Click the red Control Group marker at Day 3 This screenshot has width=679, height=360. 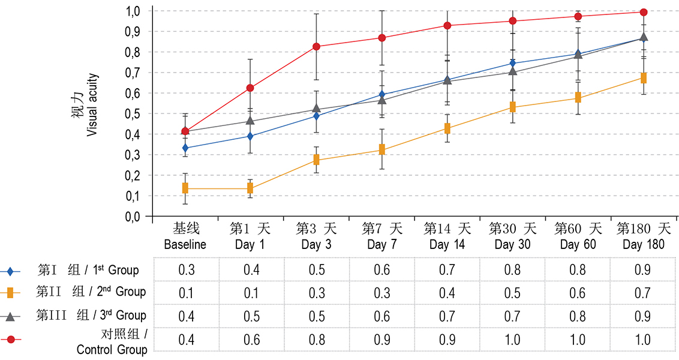pos(316,46)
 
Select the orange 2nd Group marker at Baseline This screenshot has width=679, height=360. pos(185,188)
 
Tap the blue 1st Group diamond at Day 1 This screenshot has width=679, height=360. pos(251,136)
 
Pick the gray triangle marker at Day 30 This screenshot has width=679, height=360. pos(513,70)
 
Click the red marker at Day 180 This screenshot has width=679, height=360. pos(644,12)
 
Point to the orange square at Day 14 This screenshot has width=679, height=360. pos(447,128)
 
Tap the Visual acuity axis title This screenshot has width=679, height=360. pos(91,106)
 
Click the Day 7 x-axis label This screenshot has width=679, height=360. pos(382,245)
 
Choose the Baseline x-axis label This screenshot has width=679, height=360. pos(185,245)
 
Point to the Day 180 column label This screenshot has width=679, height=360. pos(644,245)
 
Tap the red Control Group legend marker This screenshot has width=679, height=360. pos(11,340)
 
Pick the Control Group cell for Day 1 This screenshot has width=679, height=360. pos(251,340)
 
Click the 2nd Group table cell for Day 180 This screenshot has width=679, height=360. pos(642,293)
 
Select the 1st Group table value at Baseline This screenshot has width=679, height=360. pos(187,269)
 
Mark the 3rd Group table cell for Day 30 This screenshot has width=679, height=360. pos(512,316)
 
